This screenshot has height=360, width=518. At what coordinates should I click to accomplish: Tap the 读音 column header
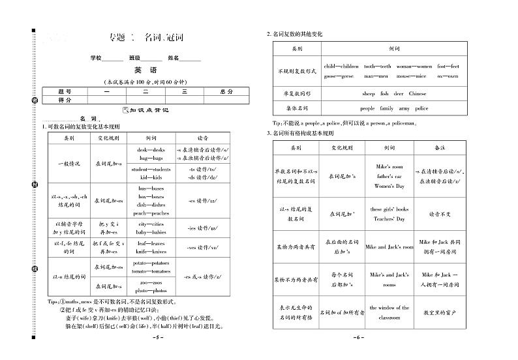[x=203, y=139]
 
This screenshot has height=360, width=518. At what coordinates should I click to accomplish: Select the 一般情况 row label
[x=69, y=163]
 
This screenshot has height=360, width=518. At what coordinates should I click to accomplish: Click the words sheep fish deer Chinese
[x=394, y=93]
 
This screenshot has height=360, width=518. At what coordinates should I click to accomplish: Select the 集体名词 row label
[x=297, y=108]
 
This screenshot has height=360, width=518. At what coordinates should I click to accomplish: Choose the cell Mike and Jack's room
[x=389, y=248]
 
